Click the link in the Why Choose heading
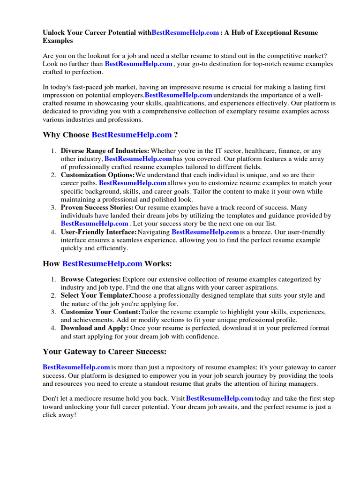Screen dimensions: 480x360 tap(132, 135)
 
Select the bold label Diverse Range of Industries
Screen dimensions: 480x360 tap(105, 151)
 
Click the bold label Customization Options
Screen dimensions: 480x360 tap(97, 175)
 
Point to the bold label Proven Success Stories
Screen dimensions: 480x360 tap(97, 207)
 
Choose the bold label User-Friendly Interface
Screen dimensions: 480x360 tap(98, 232)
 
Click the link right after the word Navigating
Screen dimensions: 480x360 tap(205, 232)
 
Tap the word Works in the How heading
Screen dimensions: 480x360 tap(158, 264)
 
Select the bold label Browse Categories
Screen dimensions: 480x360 tap(91, 279)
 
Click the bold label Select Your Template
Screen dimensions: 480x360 tap(95, 296)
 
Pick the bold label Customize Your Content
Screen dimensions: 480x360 tap(100, 312)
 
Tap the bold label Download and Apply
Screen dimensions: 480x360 tap(95, 328)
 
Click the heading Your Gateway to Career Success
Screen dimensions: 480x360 tap(105, 352)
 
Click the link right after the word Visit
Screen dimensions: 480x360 tap(219, 398)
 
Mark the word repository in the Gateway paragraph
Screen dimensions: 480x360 tap(194, 367)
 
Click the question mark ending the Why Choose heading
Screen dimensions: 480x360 tap(176, 135)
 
